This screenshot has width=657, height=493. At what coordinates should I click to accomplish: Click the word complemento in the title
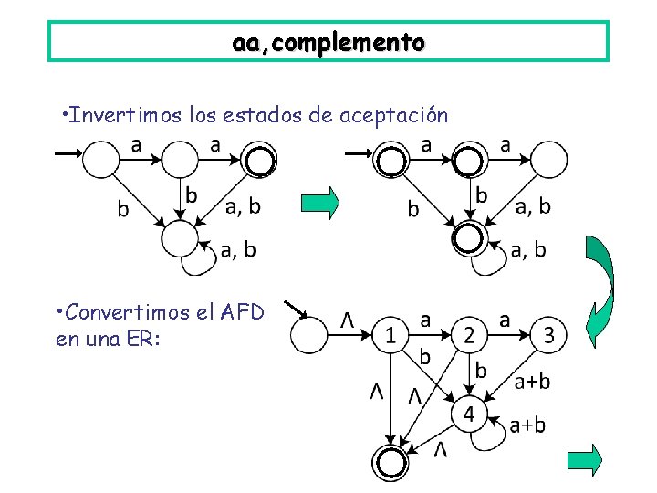(365, 42)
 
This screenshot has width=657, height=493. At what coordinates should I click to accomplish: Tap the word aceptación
(393, 116)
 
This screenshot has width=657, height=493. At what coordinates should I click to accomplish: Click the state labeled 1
(391, 336)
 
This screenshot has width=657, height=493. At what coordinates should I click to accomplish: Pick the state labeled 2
(469, 336)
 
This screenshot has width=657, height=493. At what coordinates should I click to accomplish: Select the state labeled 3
(547, 335)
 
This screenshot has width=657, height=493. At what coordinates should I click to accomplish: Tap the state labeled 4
(469, 414)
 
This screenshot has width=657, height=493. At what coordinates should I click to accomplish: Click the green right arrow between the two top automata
(320, 202)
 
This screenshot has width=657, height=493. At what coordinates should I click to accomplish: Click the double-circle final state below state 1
(391, 459)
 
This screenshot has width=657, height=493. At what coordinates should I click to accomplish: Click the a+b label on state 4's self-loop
(527, 425)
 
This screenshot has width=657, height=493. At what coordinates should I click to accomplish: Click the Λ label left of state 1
(348, 320)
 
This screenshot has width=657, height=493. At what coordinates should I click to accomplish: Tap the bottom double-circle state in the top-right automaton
(469, 239)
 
